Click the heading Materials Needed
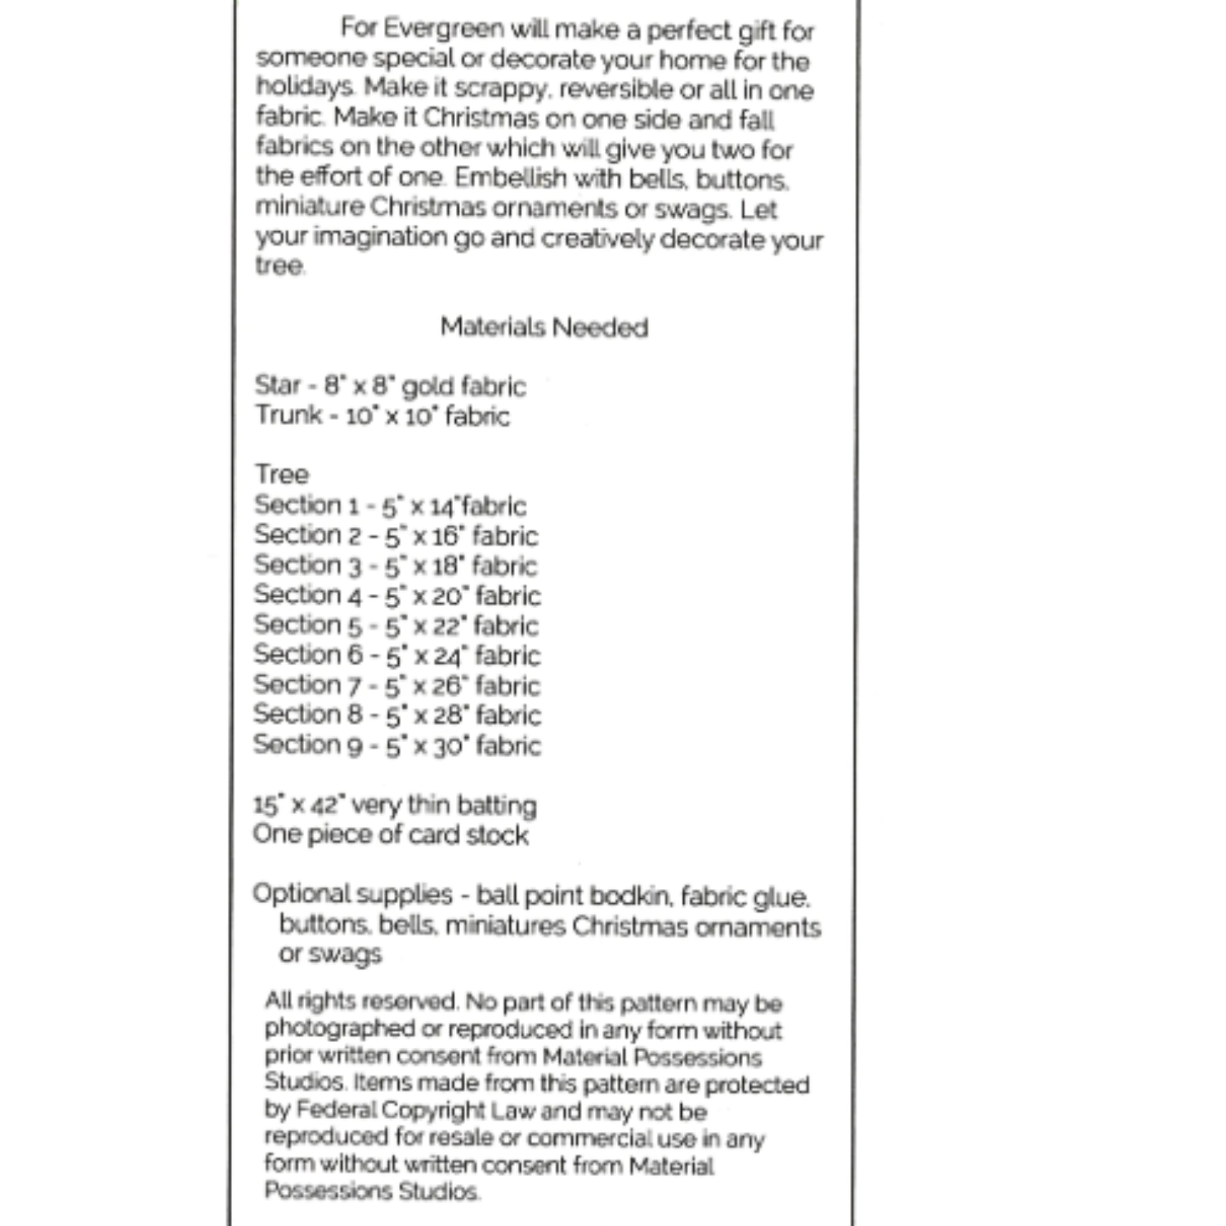pyautogui.click(x=544, y=328)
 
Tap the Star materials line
pyautogui.click(x=390, y=386)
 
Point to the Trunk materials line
pyautogui.click(x=382, y=416)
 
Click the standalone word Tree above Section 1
pyautogui.click(x=282, y=474)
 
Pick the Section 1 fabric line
pyautogui.click(x=390, y=506)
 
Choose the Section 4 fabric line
pyautogui.click(x=397, y=596)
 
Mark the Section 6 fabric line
pyautogui.click(x=397, y=656)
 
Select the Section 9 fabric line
pyautogui.click(x=397, y=745)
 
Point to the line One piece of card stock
pyautogui.click(x=391, y=835)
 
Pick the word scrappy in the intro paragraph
pyautogui.click(x=500, y=88)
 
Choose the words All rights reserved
pyautogui.click(x=361, y=1002)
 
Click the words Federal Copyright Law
pyautogui.click(x=414, y=1111)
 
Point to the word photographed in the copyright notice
pyautogui.click(x=329, y=1029)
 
